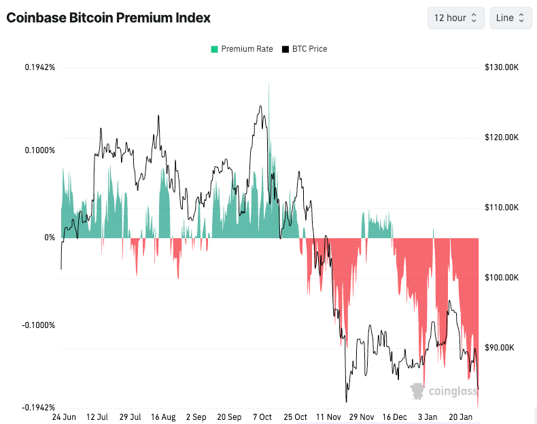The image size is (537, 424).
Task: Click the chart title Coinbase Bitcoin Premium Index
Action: click(x=108, y=18)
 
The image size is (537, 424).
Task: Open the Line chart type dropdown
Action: click(x=510, y=18)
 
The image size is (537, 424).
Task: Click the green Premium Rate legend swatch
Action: click(x=214, y=49)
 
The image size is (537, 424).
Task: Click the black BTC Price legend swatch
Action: click(x=286, y=49)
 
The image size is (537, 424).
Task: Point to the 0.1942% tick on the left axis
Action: click(x=39, y=67)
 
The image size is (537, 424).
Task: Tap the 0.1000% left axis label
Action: click(x=39, y=150)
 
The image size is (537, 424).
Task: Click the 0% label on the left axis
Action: click(x=50, y=238)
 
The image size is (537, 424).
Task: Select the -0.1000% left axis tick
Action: click(x=38, y=325)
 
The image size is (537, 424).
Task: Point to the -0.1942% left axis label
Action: click(x=38, y=408)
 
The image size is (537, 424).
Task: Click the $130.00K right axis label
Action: click(x=502, y=67)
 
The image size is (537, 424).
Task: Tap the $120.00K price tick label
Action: click(x=502, y=137)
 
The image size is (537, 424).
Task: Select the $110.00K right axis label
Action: click(x=502, y=208)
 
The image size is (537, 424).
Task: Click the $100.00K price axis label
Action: click(x=502, y=278)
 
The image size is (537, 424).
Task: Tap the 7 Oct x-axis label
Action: click(x=262, y=417)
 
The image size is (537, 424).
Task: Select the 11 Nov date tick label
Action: click(x=328, y=417)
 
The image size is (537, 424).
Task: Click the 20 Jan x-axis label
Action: click(x=461, y=417)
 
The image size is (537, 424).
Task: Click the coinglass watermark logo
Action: click(x=440, y=391)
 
